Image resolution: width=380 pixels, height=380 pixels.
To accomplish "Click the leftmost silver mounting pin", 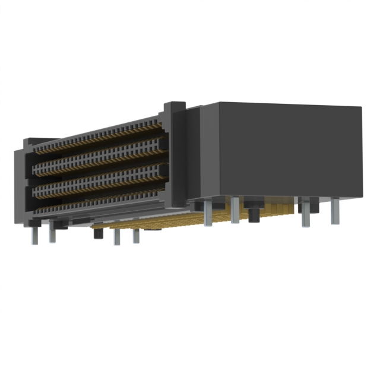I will (x=34, y=234).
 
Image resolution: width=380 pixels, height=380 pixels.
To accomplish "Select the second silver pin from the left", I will (x=52, y=233).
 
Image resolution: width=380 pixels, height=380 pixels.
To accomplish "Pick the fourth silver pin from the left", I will (x=136, y=235).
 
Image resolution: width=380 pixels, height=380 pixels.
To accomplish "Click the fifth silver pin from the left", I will (x=208, y=214).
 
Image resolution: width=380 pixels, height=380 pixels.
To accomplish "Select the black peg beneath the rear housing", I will (x=254, y=212).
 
